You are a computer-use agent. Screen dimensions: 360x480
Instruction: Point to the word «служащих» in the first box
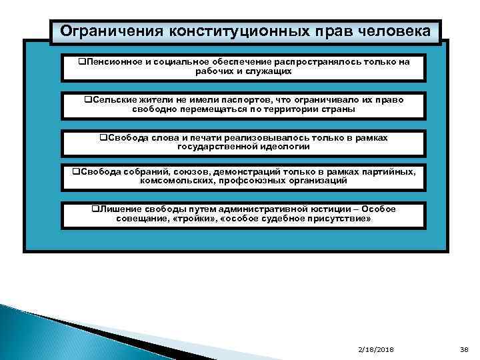pyautogui.click(x=269, y=71)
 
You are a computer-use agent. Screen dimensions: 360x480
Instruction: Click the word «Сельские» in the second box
pyautogui.click(x=114, y=99)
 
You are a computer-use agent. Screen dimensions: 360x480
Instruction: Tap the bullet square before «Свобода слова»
pyautogui.click(x=103, y=137)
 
